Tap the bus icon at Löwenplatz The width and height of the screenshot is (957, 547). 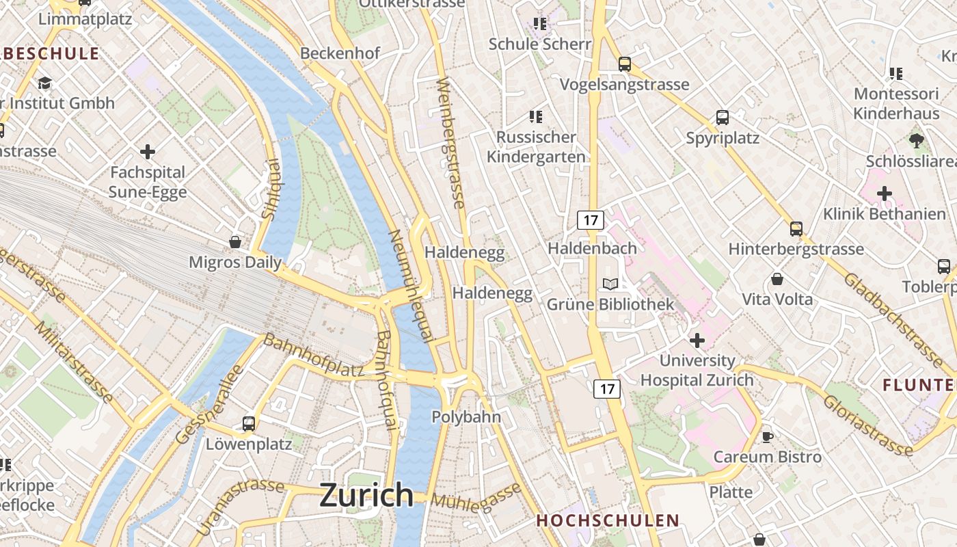click(x=249, y=423)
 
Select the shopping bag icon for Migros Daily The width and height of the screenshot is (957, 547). click(x=235, y=242)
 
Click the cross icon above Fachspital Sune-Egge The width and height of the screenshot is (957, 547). click(x=147, y=151)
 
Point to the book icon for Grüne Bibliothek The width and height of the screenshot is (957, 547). click(x=610, y=284)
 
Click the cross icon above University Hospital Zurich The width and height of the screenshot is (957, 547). click(x=697, y=340)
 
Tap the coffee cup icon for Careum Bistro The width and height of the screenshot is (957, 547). click(x=768, y=436)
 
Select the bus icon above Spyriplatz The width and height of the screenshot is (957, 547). click(x=723, y=117)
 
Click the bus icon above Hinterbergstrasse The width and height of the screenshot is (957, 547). click(x=796, y=228)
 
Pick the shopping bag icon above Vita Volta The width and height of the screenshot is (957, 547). click(x=777, y=279)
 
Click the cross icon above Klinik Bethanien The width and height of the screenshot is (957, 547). click(x=885, y=194)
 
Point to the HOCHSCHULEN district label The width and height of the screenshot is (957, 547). click(x=608, y=520)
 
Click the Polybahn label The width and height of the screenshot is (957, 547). click(x=466, y=416)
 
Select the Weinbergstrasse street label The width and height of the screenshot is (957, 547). click(x=451, y=143)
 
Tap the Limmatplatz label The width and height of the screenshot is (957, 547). click(x=85, y=18)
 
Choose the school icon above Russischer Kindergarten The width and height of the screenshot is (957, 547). click(x=536, y=117)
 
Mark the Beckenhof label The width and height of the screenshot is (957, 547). click(x=340, y=53)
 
